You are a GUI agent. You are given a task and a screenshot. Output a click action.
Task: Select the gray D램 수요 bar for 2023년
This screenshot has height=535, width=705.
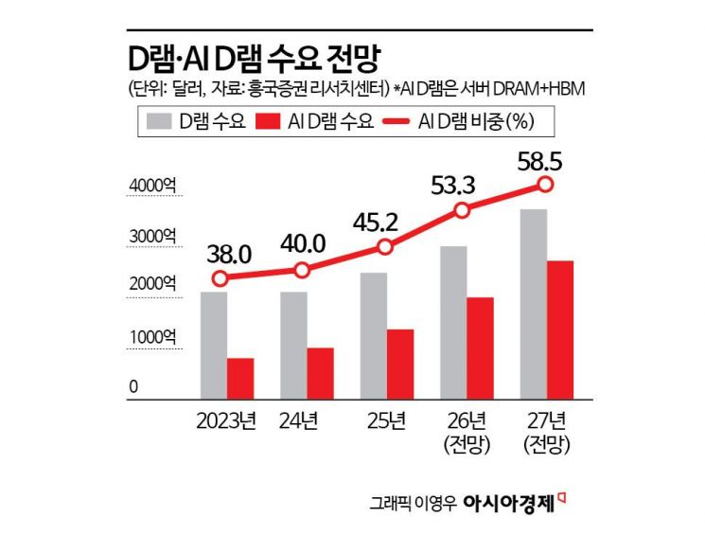(x=213, y=345)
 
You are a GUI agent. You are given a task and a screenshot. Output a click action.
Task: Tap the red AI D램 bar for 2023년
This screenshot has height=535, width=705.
(x=240, y=378)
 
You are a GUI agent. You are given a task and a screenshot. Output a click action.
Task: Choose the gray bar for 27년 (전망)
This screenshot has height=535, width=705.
(x=535, y=303)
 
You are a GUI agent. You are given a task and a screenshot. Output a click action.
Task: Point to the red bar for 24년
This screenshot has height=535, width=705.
(x=321, y=373)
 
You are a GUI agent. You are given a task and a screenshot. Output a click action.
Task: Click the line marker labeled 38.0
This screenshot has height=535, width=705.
(x=220, y=278)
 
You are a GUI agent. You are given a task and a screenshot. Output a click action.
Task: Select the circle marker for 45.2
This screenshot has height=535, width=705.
(x=384, y=247)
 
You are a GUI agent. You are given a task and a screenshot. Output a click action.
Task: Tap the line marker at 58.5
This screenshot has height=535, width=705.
(x=544, y=184)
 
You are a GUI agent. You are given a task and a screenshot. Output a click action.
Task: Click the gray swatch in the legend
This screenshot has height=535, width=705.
(x=157, y=121)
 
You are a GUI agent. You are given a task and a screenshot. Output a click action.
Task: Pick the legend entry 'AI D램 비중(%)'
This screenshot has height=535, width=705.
(x=476, y=121)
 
